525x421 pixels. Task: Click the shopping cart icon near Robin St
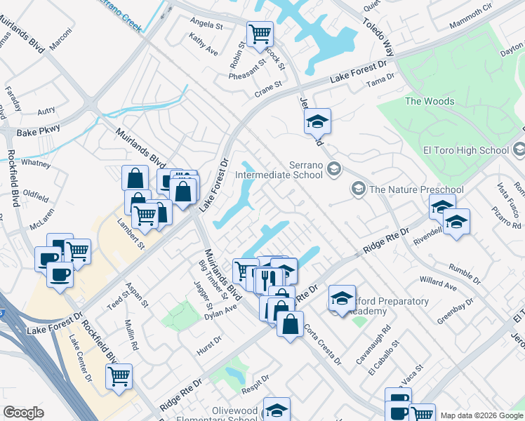tap(260, 33)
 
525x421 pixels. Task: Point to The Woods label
tap(430, 101)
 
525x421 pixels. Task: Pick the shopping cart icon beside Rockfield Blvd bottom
tap(119, 376)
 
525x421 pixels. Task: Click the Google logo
tap(23, 413)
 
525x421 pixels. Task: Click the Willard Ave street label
tap(437, 283)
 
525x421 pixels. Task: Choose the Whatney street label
tap(36, 163)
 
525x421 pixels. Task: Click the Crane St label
tap(267, 88)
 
